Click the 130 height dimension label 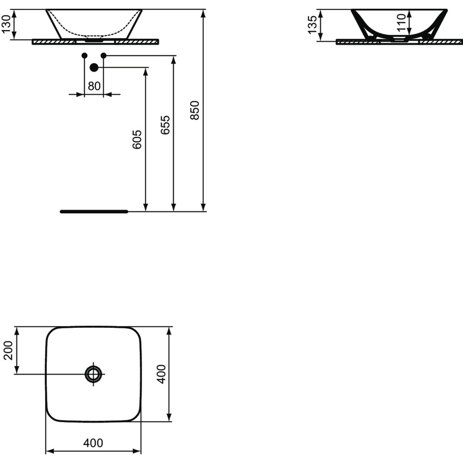tap(7, 25)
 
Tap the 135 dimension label tap(313, 25)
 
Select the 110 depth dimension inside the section tap(401, 23)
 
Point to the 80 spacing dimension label tap(94, 86)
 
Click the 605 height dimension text tap(137, 139)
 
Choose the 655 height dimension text tap(165, 125)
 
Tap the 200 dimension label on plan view tap(8, 351)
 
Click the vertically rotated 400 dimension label tap(161, 374)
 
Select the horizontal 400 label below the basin tap(93, 443)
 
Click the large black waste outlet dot tap(94, 68)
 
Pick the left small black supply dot tap(84, 56)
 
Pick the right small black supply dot tap(103, 56)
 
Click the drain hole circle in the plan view tap(94, 374)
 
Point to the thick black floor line tap(93, 211)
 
